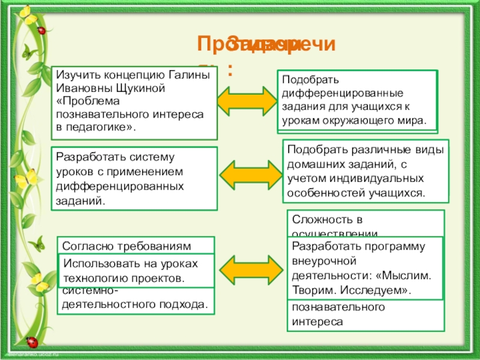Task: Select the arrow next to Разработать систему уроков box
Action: coord(248,172)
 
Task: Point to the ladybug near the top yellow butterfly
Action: coord(41,29)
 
